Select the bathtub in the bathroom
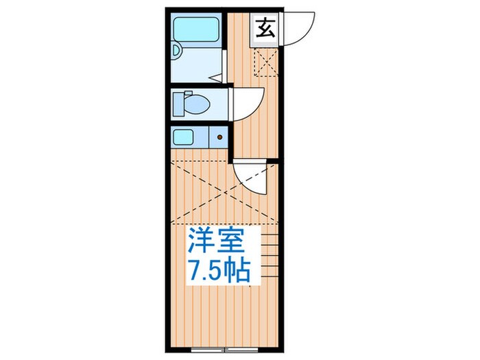(x=195, y=30)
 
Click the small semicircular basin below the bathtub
(x=176, y=50)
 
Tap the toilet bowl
(x=197, y=105)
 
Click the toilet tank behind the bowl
(x=179, y=105)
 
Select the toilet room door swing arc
(x=247, y=104)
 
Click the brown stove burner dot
(x=219, y=137)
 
